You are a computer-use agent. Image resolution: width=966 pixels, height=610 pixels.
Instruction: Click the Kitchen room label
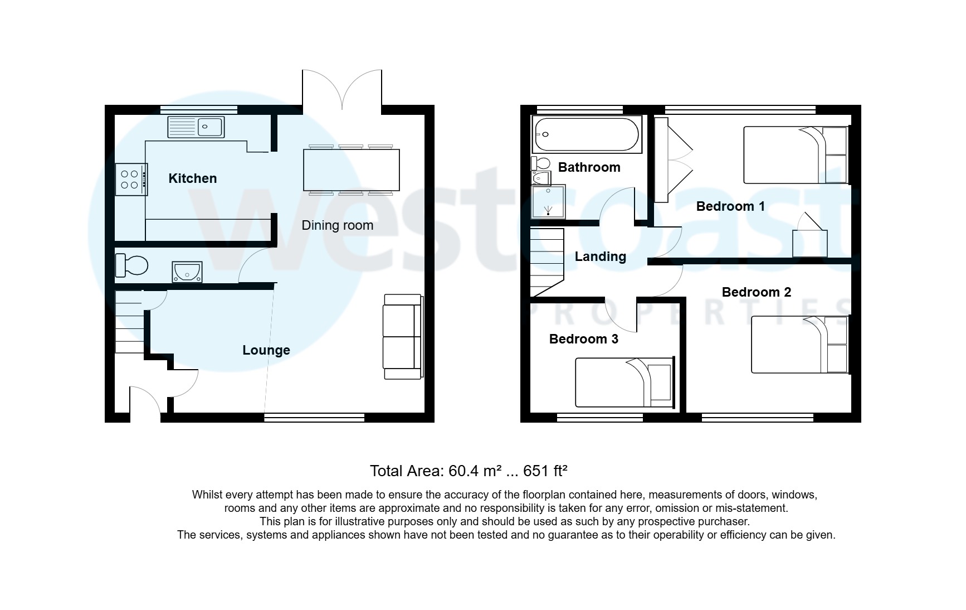click(x=192, y=178)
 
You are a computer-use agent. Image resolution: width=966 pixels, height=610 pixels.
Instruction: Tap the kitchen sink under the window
click(x=196, y=127)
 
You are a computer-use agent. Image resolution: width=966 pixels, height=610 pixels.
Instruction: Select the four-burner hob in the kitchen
click(x=131, y=180)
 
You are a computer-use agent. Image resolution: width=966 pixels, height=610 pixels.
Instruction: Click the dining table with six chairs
click(x=351, y=170)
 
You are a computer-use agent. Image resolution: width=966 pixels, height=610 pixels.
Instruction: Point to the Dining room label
click(x=337, y=225)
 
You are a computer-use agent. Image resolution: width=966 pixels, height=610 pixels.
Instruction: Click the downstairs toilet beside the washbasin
click(x=131, y=265)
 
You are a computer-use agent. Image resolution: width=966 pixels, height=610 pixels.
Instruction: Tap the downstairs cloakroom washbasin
click(x=187, y=272)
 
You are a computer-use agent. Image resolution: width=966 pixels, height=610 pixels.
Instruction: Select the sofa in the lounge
click(x=402, y=337)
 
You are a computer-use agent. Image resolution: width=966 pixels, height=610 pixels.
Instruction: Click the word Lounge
click(x=266, y=350)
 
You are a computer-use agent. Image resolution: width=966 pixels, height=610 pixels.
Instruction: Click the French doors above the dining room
click(x=342, y=89)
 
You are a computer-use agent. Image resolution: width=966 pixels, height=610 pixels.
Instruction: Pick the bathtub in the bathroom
click(x=587, y=134)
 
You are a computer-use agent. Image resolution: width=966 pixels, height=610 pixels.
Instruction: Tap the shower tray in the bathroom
click(x=548, y=202)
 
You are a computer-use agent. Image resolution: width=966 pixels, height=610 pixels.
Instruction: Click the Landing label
click(x=600, y=256)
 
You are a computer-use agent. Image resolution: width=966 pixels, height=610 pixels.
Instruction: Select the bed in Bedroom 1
click(x=795, y=155)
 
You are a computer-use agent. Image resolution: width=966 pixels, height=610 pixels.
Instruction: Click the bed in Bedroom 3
click(x=624, y=383)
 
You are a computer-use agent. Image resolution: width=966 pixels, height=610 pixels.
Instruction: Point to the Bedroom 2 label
click(x=756, y=292)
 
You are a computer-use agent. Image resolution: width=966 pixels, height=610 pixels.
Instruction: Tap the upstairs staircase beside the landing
click(x=547, y=262)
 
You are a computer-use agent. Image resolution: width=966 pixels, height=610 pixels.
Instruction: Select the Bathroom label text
click(x=589, y=167)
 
